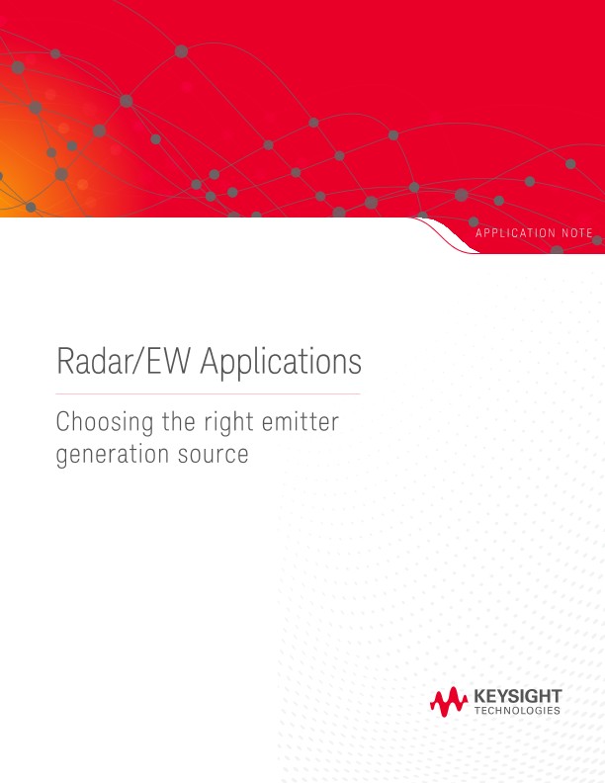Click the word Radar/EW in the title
pos(125,362)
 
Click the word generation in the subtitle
pos(110,457)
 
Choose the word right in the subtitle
pos(225,424)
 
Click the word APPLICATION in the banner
pos(515,233)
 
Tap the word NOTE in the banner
pos(577,233)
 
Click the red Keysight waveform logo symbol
pos(448,702)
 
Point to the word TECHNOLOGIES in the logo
pos(518,711)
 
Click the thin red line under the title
pos(208,393)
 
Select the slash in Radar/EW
pos(144,362)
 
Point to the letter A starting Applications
pos(209,362)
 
